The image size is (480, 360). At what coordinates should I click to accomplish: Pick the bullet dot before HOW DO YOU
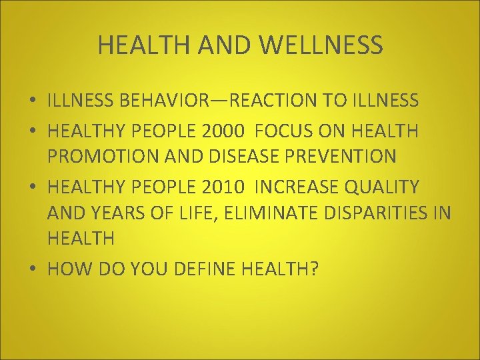[33, 269]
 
